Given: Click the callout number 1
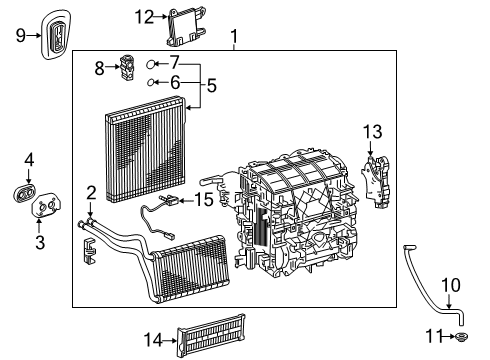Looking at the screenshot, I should [x=234, y=39].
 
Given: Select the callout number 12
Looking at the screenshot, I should [x=145, y=16].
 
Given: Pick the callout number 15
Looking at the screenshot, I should [x=204, y=200].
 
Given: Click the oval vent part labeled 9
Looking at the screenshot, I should [x=57, y=35].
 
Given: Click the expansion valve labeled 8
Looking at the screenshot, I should [x=128, y=66].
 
